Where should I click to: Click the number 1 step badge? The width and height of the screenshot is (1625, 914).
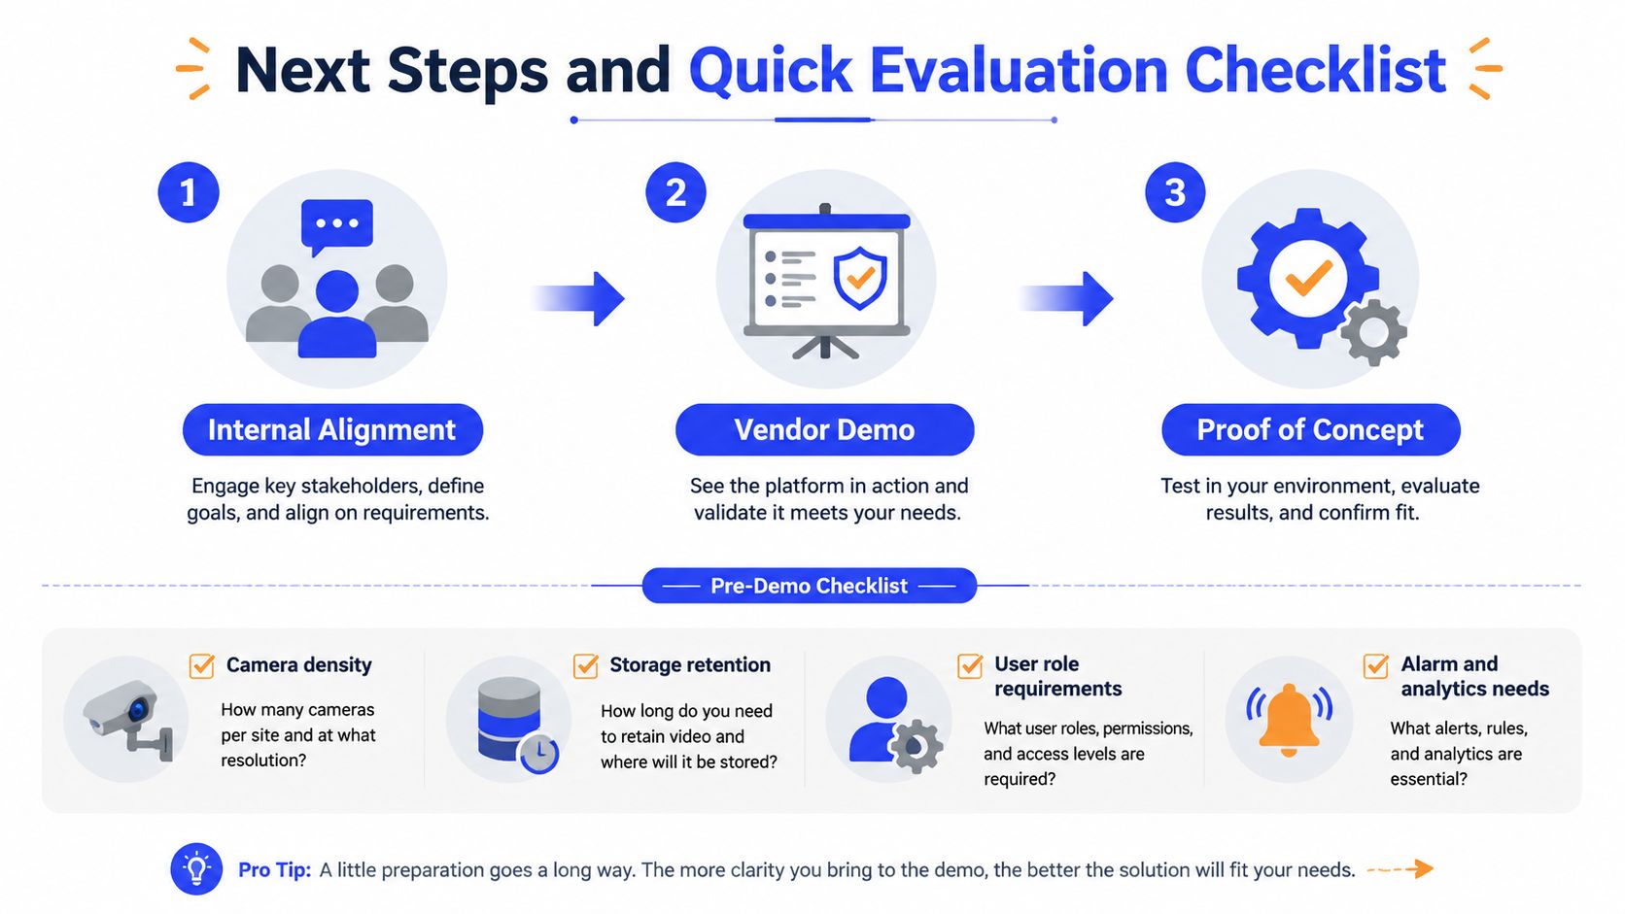pos(189,192)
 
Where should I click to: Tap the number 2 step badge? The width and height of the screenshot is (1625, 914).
pos(676,192)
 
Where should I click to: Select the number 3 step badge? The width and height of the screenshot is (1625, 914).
pos(1175,192)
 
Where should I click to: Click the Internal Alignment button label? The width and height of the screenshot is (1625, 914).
pos(332,430)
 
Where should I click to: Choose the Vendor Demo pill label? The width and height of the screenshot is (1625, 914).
pos(825,430)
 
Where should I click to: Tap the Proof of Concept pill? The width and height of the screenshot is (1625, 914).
pos(1311,430)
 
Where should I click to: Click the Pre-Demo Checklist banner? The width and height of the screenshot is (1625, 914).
pos(810,586)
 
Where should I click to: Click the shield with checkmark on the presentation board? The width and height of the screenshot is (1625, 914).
pos(860,278)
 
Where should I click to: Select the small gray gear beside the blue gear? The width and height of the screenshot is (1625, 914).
pos(1373,333)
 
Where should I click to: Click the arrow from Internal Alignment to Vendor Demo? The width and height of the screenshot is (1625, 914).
pos(578,298)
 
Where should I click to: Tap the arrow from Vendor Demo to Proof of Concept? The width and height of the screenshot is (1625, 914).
pos(1066,298)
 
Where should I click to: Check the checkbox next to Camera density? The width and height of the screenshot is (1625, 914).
pos(202,665)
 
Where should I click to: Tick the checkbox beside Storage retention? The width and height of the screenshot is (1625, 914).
pos(585,665)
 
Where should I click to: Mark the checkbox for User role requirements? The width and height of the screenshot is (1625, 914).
pos(970,665)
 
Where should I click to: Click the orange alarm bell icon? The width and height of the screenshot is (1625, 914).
pos(1289,719)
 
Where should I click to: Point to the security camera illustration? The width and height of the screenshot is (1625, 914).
pos(128,719)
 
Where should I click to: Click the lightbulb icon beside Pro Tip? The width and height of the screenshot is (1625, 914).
pos(196,869)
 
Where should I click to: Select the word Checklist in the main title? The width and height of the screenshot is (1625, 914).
pos(1315,71)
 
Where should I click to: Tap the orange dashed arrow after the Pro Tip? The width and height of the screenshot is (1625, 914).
pos(1400,868)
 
